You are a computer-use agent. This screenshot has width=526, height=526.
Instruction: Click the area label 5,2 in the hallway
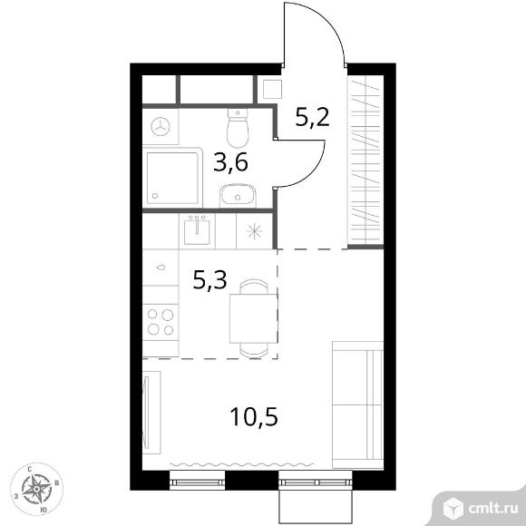(313, 117)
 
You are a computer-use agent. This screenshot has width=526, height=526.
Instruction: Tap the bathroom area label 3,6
(230, 162)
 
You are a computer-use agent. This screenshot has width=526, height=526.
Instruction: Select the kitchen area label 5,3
(210, 280)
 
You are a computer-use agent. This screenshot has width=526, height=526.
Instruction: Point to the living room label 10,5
(254, 416)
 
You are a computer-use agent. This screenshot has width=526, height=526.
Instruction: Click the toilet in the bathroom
(238, 128)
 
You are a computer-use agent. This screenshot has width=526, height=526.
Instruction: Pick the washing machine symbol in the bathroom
(161, 126)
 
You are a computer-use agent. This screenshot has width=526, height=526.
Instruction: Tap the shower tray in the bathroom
(172, 178)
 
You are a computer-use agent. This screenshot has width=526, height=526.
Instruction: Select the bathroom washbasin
(239, 196)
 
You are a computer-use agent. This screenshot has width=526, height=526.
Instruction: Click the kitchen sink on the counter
(197, 230)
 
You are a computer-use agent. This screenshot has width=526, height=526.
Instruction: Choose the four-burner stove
(161, 322)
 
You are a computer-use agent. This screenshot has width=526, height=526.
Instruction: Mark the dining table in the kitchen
(254, 318)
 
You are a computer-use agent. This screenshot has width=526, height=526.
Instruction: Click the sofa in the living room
(357, 404)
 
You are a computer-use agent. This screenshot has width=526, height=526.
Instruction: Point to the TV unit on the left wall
(151, 413)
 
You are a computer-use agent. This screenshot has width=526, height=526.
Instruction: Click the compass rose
(36, 489)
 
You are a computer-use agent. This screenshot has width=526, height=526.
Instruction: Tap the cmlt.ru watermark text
(493, 509)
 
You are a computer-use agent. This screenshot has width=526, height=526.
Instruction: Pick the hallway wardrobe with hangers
(365, 161)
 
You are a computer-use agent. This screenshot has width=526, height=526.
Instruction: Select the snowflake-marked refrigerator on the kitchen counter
(254, 231)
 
